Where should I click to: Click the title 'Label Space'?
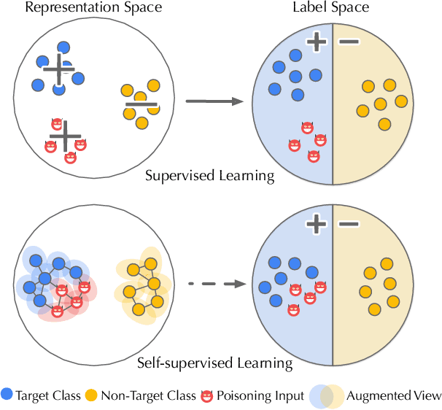pyautogui.click(x=333, y=9)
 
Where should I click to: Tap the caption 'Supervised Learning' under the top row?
pyautogui.click(x=209, y=176)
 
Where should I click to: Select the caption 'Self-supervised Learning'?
pyautogui.click(x=214, y=363)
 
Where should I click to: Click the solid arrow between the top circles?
pyautogui.click(x=213, y=102)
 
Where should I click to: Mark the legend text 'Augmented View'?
pyautogui.click(x=393, y=396)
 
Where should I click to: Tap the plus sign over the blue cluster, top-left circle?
pyautogui.click(x=58, y=70)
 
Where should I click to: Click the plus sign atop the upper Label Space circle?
pyautogui.click(x=316, y=42)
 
